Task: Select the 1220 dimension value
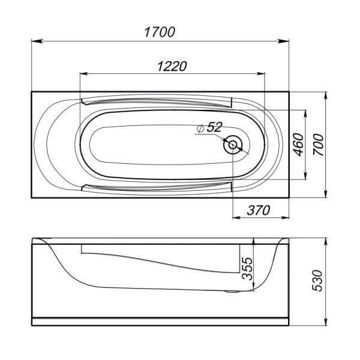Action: point(172,65)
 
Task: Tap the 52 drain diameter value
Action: point(214,127)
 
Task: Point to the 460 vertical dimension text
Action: point(297,145)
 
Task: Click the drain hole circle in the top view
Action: point(233,145)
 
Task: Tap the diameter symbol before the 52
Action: point(200,127)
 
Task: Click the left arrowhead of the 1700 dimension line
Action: point(35,41)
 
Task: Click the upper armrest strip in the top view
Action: point(159,101)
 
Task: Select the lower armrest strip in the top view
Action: point(159,188)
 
